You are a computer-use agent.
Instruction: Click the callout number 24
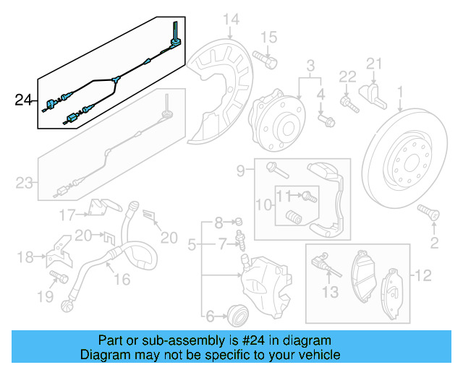tap(24, 100)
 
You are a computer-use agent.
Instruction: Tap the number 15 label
tap(268, 37)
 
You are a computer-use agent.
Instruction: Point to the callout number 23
tap(25, 183)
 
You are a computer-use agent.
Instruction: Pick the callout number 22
tap(348, 77)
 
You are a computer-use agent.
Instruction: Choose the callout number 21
tap(373, 66)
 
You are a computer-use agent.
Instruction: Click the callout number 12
tap(422, 275)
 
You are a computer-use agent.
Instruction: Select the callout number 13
tap(330, 292)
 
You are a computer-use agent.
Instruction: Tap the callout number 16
tap(122, 280)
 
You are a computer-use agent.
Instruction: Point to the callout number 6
tap(211, 315)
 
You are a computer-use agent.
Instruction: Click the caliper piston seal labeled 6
tap(237, 313)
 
